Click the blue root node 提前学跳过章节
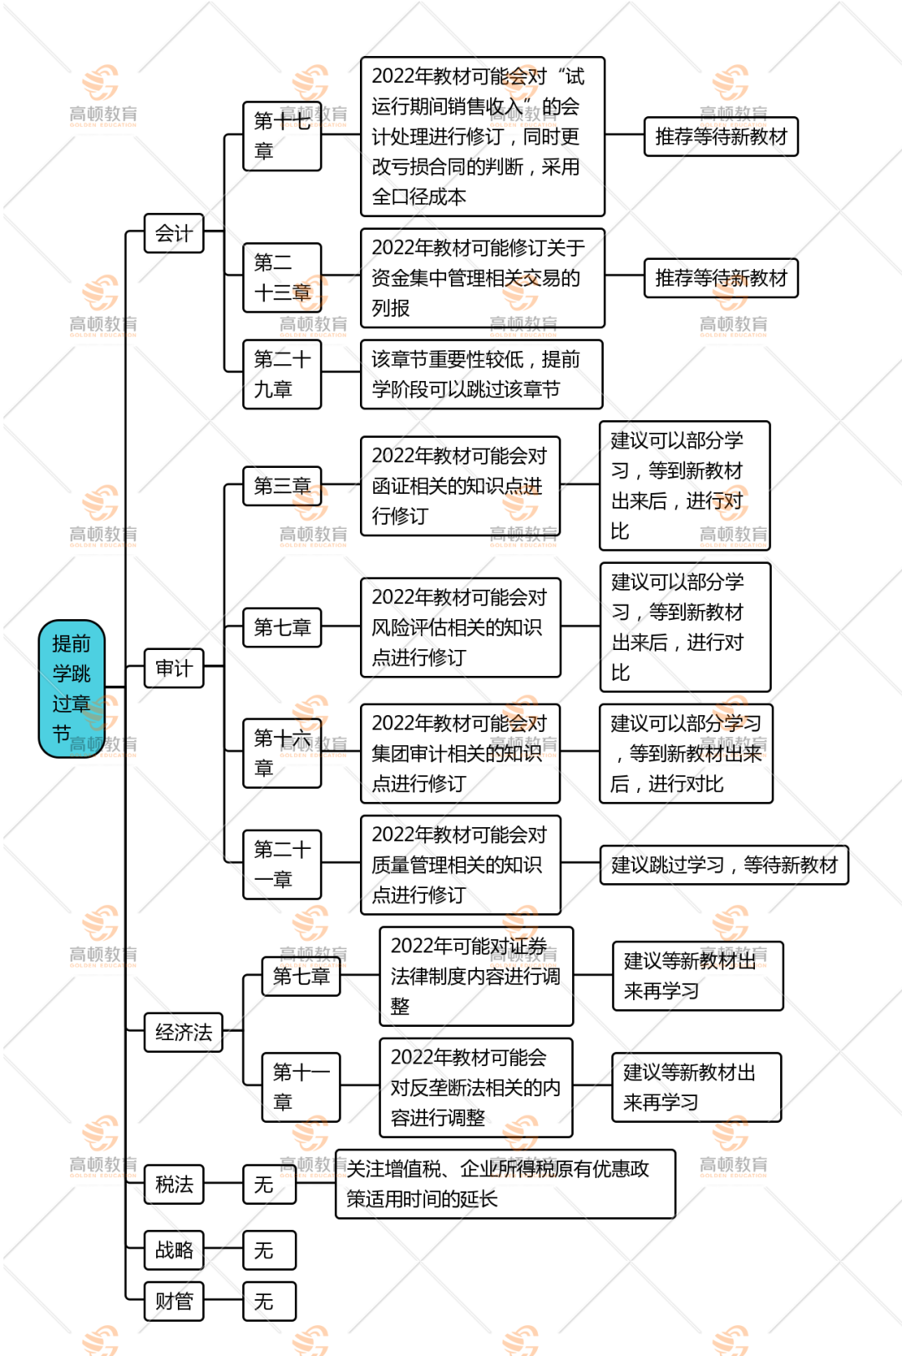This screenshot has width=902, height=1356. [x=71, y=688]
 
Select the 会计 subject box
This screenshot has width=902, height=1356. [x=174, y=233]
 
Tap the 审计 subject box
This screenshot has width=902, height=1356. [x=174, y=668]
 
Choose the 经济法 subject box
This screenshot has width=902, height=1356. [x=183, y=1032]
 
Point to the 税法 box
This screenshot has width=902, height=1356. [x=174, y=1184]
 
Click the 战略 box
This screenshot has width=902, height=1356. [x=174, y=1250]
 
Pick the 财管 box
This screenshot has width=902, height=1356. [x=174, y=1301]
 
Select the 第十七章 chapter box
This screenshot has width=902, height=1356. [x=282, y=136]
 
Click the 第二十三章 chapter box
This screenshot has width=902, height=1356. [x=282, y=278]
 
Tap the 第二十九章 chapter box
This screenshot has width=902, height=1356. [x=282, y=374]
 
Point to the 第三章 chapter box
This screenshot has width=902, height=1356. [x=282, y=485]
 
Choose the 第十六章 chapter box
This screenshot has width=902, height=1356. [x=282, y=753]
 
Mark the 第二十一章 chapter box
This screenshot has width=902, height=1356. [x=282, y=865]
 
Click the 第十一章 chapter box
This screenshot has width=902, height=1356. [x=301, y=1087]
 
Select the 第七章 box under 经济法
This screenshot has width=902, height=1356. [x=301, y=976]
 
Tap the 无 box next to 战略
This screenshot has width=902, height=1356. [x=269, y=1250]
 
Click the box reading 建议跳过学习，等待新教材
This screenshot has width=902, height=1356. [x=724, y=865]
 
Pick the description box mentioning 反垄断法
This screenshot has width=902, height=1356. [x=476, y=1087]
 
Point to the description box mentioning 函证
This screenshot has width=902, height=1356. [x=460, y=485]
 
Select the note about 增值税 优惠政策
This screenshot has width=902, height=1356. [x=505, y=1184]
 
